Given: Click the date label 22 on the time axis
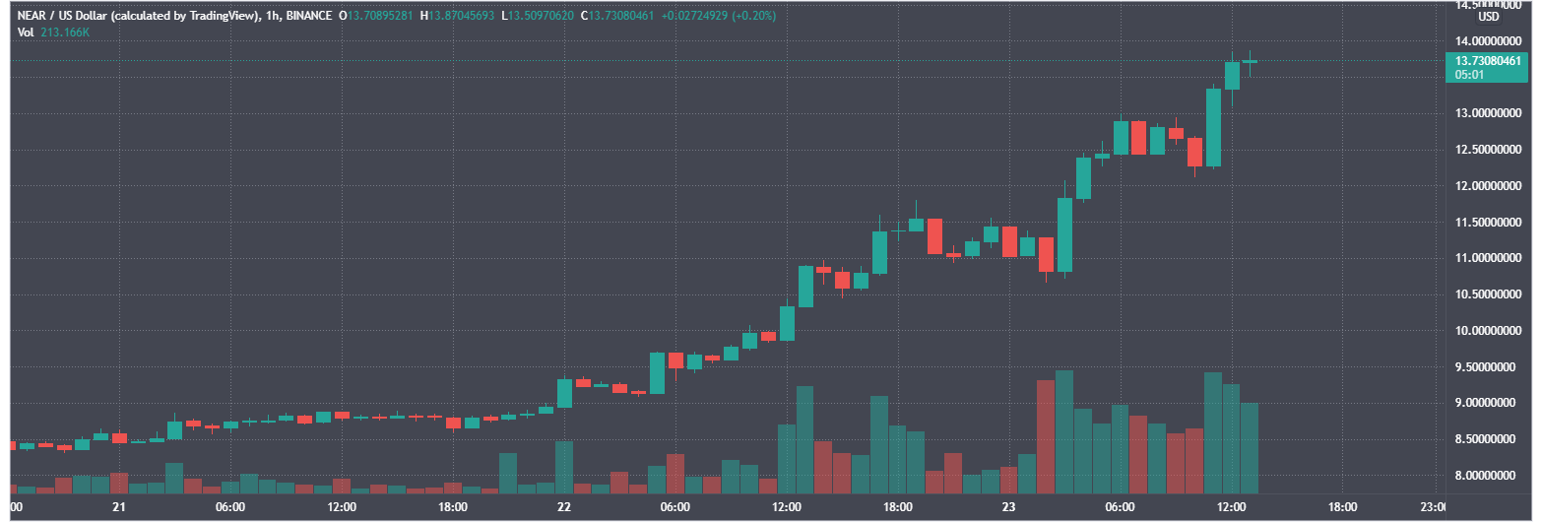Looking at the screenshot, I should point(564,507).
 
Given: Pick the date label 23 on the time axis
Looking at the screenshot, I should point(1008,507).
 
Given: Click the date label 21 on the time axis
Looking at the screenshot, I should point(119,507).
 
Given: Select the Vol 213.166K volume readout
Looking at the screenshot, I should point(53,33).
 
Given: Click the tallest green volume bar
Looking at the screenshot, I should point(1064,431).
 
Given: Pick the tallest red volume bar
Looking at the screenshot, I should point(1046,436).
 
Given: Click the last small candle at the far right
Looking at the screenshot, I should point(1250,61).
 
